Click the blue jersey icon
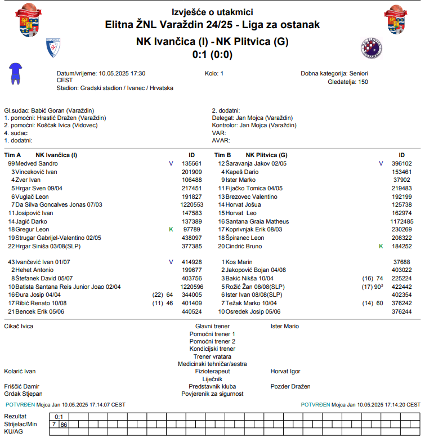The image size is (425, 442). [x=16, y=73]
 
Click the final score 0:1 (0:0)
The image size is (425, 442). [x=212, y=55]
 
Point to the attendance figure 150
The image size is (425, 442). [x=363, y=82]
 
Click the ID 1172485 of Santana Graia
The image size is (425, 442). [x=401, y=221]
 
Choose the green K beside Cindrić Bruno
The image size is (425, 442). [x=381, y=246]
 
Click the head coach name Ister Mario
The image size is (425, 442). [x=285, y=326]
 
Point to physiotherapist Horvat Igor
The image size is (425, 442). [x=285, y=371]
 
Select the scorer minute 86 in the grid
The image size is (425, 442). [x=64, y=424]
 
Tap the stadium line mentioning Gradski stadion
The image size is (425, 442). [x=115, y=88]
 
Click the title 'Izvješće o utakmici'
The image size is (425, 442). [x=212, y=12]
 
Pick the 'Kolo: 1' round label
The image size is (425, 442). [x=214, y=73]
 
